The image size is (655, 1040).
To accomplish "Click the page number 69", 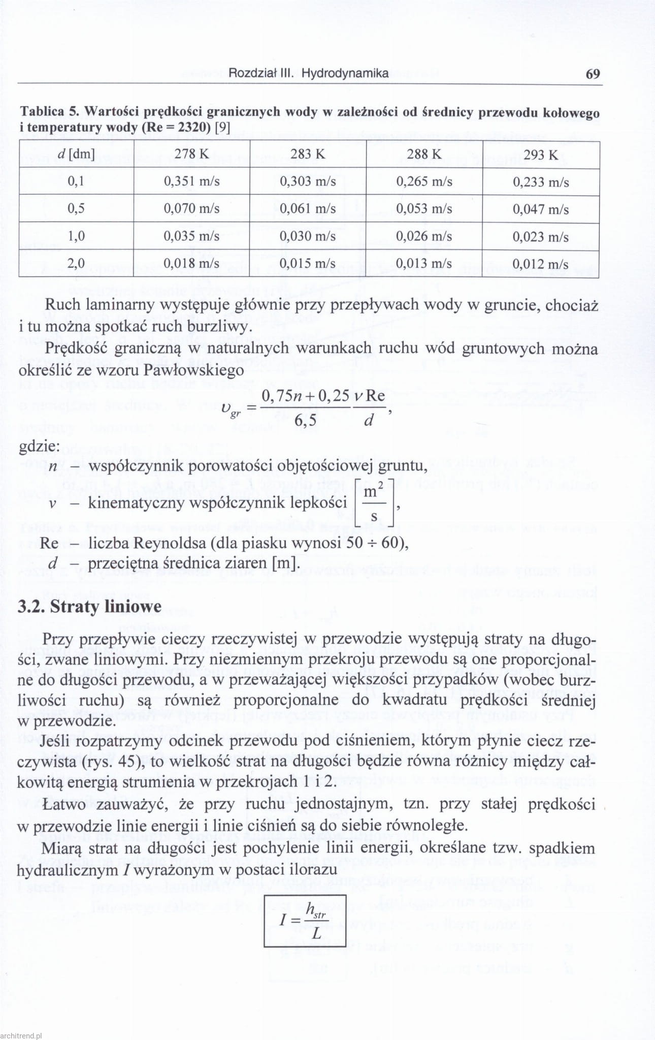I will (593, 74).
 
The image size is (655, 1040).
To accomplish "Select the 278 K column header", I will (191, 154).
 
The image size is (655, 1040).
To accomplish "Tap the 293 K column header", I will (541, 154).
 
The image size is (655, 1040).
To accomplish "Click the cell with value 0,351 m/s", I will (191, 182).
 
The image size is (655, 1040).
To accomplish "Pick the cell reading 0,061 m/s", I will (308, 209).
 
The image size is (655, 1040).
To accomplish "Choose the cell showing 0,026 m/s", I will (424, 236).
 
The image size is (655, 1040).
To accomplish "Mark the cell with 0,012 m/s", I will (541, 264).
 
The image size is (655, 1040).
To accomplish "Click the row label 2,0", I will (76, 263).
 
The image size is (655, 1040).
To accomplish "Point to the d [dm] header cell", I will (76, 154).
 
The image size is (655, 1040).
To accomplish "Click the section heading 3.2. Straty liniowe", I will (89, 607).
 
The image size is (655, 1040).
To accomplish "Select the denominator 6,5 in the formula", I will (305, 420).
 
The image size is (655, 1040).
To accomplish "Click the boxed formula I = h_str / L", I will (305, 921).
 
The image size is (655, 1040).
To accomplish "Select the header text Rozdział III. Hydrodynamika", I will (308, 73).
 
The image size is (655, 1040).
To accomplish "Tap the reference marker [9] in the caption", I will (222, 127).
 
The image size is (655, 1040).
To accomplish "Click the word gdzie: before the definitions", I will (39, 447).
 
